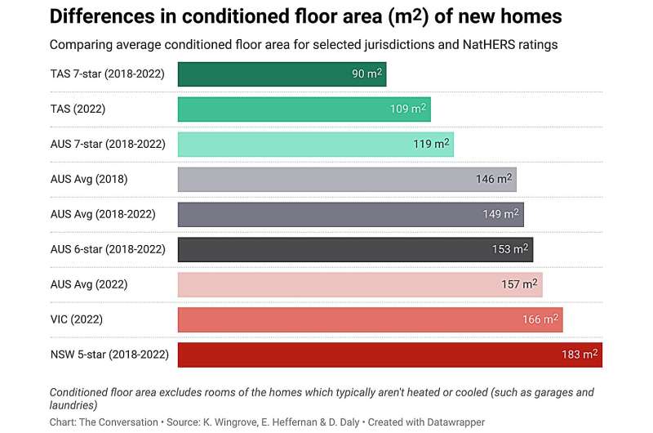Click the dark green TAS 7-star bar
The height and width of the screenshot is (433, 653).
pyautogui.click(x=282, y=74)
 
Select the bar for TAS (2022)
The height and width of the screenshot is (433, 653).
pyautogui.click(x=304, y=109)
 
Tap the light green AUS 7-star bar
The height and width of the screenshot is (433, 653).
pyautogui.click(x=315, y=145)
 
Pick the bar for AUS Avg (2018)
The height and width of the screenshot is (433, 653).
pyautogui.click(x=347, y=179)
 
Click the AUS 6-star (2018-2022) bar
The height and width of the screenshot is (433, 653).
pyautogui.click(x=355, y=249)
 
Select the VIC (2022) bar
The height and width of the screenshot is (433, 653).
pyautogui.click(x=370, y=319)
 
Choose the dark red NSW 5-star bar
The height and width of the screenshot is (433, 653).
pyautogui.click(x=390, y=355)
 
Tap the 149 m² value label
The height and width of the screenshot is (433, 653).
pyautogui.click(x=500, y=214)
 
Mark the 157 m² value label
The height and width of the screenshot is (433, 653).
pyautogui.click(x=519, y=284)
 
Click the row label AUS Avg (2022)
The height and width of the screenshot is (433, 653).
pyautogui.click(x=89, y=284)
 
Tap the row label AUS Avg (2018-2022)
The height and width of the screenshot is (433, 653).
pyautogui.click(x=103, y=214)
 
